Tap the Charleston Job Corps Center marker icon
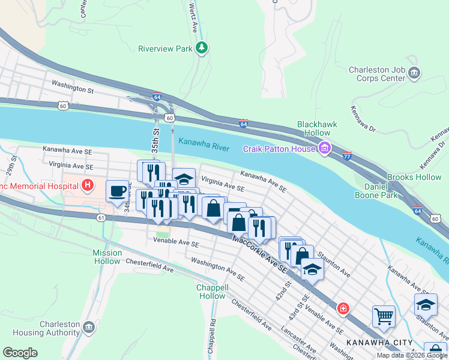414,74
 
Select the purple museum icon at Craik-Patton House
325,148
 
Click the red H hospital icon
88,185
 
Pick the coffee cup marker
118,191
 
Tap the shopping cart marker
384,316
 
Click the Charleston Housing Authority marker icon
88,328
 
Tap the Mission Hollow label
107,257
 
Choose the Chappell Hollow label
211,292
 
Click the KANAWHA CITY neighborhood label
370,343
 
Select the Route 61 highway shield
100,218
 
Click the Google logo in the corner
20,353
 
